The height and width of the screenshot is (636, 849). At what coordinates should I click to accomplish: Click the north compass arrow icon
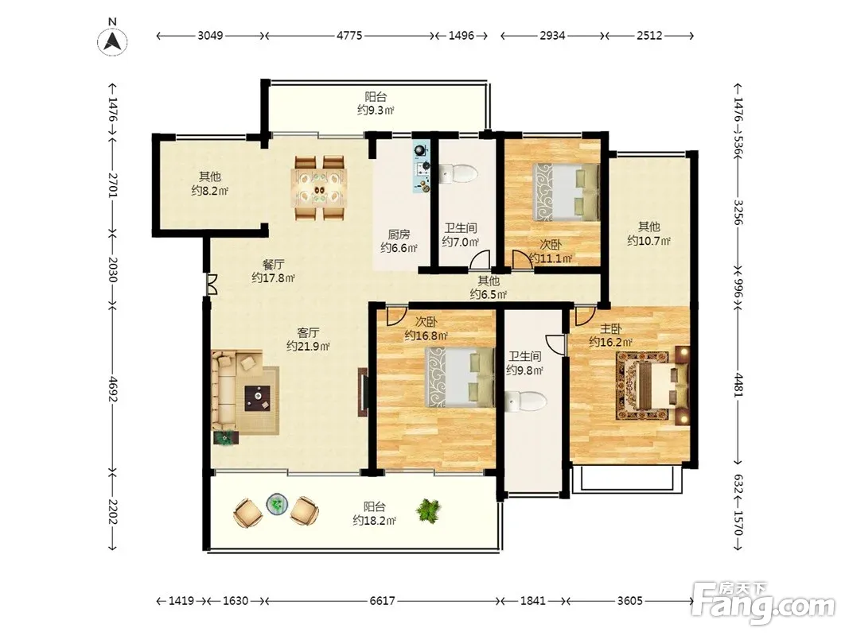tap(113, 41)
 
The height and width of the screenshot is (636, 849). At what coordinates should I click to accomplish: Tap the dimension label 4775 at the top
tap(349, 36)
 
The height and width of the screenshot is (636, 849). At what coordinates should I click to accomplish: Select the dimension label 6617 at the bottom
tap(382, 601)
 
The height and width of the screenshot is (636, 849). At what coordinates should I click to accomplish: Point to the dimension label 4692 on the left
tap(113, 390)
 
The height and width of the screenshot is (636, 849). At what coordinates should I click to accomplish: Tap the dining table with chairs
tap(319, 188)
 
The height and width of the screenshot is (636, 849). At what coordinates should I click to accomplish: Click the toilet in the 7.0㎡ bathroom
tap(458, 173)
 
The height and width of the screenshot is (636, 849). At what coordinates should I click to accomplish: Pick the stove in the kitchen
tap(422, 167)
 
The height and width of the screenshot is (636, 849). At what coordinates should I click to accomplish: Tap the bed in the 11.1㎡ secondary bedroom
tap(566, 192)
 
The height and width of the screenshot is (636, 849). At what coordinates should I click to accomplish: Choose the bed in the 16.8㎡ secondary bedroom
tap(460, 377)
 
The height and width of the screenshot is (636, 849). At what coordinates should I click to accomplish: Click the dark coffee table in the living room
tap(258, 398)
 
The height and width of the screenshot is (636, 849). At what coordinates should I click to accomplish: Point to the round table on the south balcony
tap(277, 504)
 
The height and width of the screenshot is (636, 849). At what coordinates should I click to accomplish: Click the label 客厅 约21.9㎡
tap(308, 339)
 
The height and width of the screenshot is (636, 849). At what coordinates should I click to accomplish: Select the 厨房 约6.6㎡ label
tap(399, 241)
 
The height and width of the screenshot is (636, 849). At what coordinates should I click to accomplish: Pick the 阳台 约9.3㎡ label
tap(376, 103)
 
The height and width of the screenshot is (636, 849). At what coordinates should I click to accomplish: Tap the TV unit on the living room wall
tap(362, 392)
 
